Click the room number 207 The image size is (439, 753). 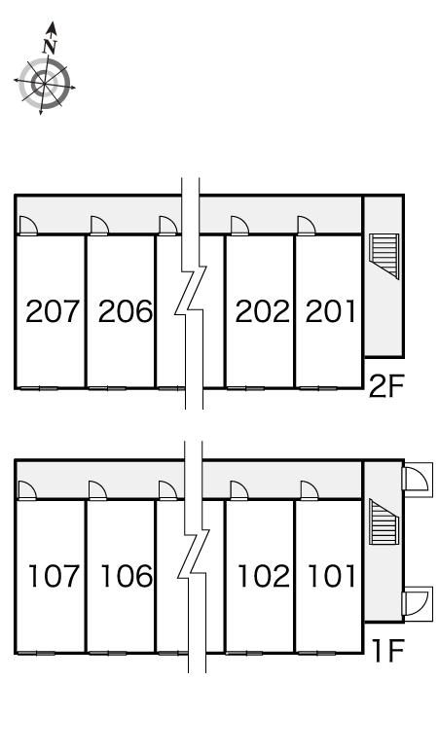[52, 311]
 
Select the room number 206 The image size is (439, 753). [126, 311]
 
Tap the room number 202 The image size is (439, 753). [262, 311]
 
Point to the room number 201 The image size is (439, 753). [331, 311]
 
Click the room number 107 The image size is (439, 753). [54, 576]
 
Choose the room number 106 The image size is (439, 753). [127, 576]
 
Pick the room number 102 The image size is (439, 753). [264, 576]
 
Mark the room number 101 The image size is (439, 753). [332, 576]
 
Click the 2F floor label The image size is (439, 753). [386, 386]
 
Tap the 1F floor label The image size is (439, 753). [388, 651]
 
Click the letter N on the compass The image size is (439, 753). [50, 46]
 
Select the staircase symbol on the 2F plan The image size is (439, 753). [384, 256]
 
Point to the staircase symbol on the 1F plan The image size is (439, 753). [384, 521]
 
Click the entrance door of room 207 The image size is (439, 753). [28, 226]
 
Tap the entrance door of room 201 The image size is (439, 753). [306, 226]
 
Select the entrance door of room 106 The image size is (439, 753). [97, 490]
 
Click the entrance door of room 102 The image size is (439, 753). [239, 490]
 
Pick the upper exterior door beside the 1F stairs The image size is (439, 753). [417, 477]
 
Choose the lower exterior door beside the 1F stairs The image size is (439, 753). [417, 601]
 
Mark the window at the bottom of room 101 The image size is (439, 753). [316, 653]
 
